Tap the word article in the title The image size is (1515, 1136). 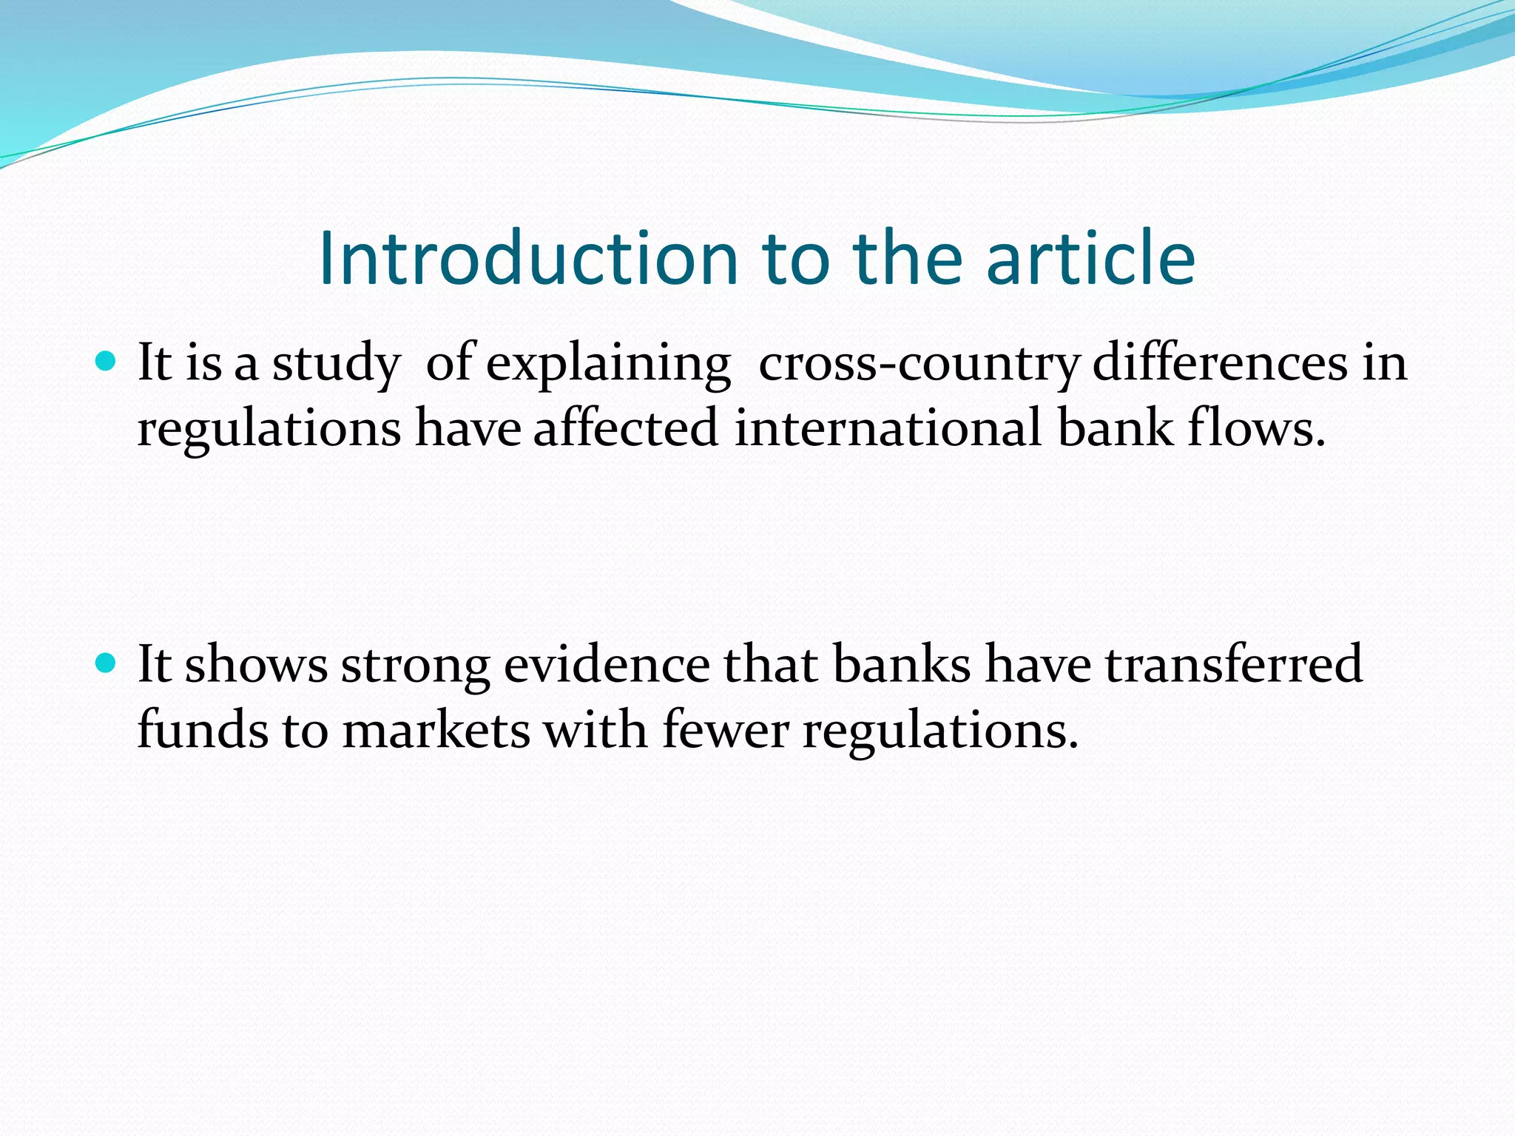click(1090, 258)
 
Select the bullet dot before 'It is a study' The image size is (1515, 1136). click(107, 362)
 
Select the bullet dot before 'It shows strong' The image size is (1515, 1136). click(107, 663)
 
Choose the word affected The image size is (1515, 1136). click(626, 428)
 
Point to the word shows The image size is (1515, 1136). click(256, 664)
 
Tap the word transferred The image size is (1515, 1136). click(1233, 664)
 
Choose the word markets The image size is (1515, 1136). click(436, 729)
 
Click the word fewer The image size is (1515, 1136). click(725, 729)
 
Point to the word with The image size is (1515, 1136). click(595, 729)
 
